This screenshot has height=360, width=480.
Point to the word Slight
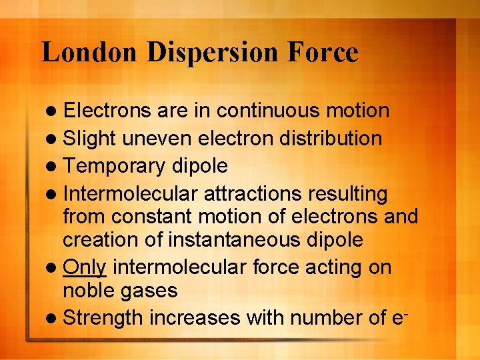pyautogui.click(x=90, y=138)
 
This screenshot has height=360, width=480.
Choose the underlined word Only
pyautogui.click(x=85, y=267)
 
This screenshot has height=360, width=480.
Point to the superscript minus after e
pyautogui.click(x=404, y=311)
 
